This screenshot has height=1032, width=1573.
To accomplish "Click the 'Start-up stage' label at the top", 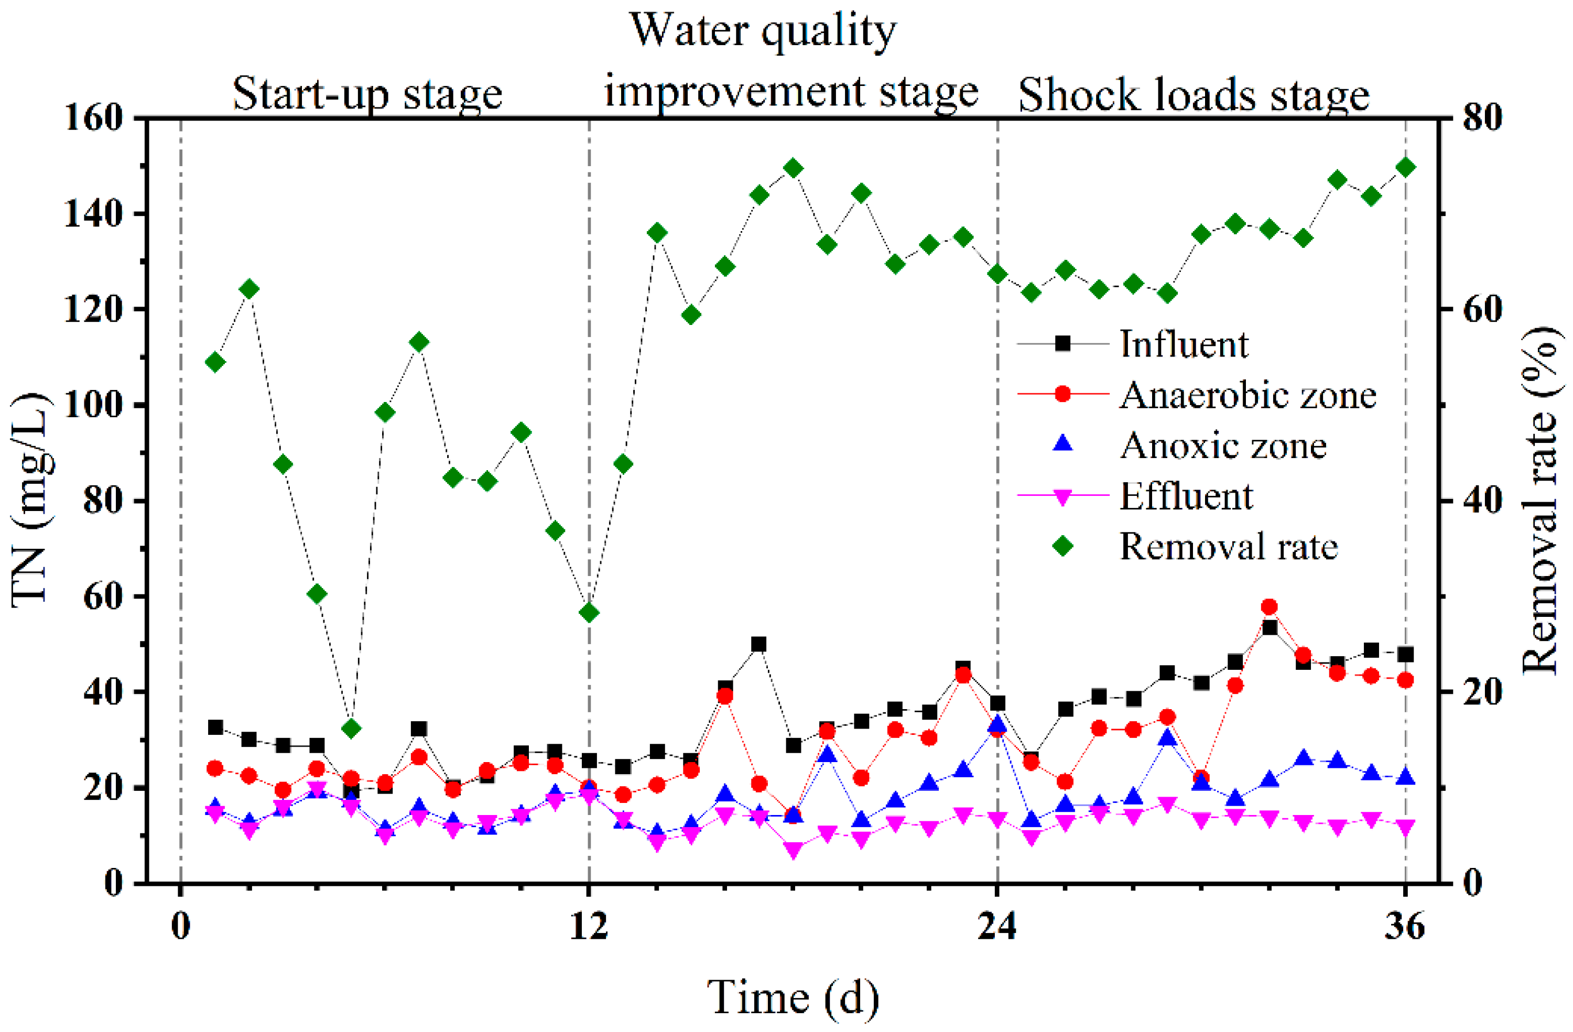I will click(x=367, y=94).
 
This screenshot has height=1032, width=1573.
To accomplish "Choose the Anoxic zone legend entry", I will click(x=1223, y=446).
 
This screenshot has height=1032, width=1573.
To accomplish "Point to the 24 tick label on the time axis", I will click(x=997, y=927).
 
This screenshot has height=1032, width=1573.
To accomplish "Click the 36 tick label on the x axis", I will click(x=1405, y=927).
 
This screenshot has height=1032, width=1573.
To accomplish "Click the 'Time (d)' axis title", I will click(x=793, y=996).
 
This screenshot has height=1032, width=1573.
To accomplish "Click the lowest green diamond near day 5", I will click(x=352, y=729).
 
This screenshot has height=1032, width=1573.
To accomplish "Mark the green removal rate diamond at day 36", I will click(x=1406, y=167).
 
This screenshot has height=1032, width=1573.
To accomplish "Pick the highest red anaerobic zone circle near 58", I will click(x=1269, y=606).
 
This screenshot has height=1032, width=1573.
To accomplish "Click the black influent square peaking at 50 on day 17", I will click(x=759, y=644).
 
